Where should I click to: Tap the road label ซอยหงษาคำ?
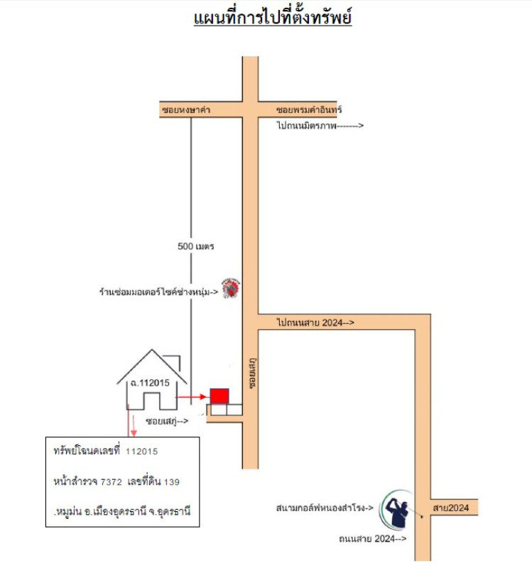(186, 110)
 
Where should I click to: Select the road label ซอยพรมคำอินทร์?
(309, 109)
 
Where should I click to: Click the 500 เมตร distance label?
(196, 246)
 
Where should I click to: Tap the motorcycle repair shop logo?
(230, 288)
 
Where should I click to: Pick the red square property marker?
(219, 396)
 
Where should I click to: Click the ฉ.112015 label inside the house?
(150, 383)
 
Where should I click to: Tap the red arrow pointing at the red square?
(191, 397)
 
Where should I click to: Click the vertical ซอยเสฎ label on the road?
(253, 373)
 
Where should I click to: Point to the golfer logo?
(396, 510)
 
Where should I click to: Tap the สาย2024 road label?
(451, 508)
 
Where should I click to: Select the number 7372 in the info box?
(112, 482)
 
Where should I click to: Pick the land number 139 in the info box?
(172, 482)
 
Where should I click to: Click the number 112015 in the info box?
(141, 452)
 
